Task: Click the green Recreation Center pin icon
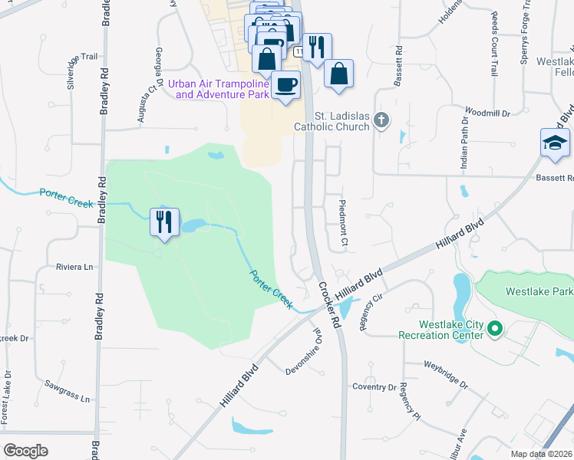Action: click(495, 330)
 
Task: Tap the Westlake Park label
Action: click(539, 291)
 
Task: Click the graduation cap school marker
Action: click(555, 143)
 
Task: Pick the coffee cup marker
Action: click(285, 84)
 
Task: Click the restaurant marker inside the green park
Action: click(164, 222)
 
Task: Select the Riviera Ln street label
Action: click(74, 267)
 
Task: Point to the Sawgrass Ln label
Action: click(67, 391)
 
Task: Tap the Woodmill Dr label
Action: click(487, 113)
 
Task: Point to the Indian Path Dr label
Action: click(463, 145)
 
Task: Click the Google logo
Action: click(26, 450)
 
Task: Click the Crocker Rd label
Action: click(328, 305)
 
